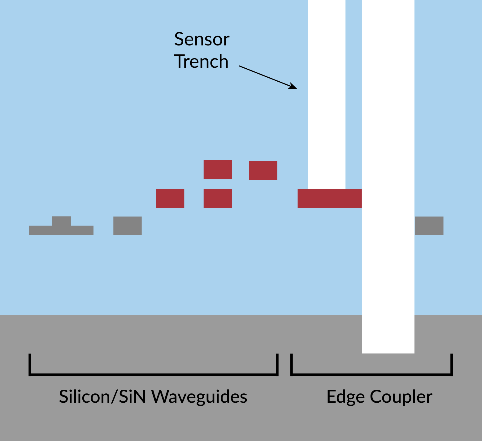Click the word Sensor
(202, 40)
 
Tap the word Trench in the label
(201, 62)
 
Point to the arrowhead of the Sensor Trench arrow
(293, 87)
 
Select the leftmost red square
(170, 198)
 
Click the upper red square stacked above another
(218, 169)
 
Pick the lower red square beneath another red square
(218, 198)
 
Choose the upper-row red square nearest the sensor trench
(263, 170)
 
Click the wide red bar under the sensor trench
(329, 198)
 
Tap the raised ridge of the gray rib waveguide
(62, 221)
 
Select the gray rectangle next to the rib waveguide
(128, 226)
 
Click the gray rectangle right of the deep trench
(429, 226)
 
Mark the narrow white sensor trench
(327, 93)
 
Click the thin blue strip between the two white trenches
(354, 93)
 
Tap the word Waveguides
(200, 397)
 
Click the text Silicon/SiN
(102, 397)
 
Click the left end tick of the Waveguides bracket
(30, 365)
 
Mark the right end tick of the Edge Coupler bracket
(452, 365)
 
